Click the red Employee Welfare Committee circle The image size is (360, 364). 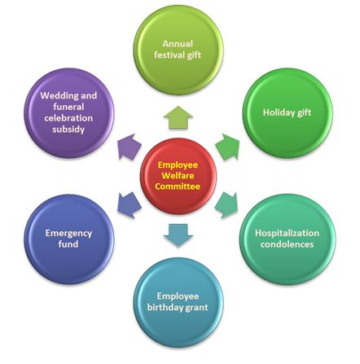178,176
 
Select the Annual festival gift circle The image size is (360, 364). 178,50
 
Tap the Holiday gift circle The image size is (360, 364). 288,113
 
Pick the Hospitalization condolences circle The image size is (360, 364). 288,239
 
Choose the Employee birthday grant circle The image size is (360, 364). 178,302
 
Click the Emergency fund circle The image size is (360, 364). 69,239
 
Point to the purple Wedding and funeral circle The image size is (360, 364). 69,113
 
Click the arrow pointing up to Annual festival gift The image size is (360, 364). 178,117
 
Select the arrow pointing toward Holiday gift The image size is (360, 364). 227,147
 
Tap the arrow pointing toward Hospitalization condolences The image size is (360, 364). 227,205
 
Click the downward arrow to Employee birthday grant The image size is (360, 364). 178,235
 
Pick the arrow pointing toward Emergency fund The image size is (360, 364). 130,205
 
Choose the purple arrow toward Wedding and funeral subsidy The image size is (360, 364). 130,147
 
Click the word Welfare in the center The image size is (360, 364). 178,176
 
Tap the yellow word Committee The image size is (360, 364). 178,186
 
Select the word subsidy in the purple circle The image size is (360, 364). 68,129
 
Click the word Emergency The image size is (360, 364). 68,234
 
